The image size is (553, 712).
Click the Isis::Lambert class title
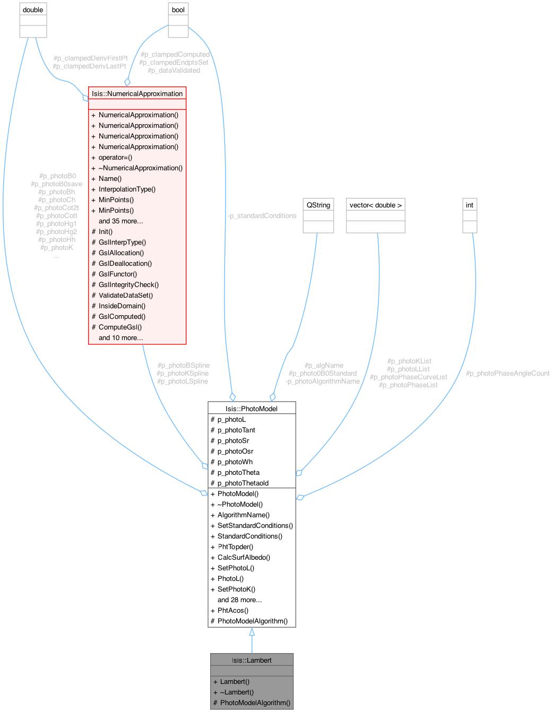tap(252, 660)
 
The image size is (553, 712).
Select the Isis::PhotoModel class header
tap(252, 408)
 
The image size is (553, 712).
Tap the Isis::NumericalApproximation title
tap(137, 93)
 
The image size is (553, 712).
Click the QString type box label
tap(318, 205)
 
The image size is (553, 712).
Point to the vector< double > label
tap(376, 205)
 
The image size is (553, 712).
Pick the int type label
tap(470, 205)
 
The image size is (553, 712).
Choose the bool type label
tap(178, 10)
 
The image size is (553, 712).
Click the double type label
tap(33, 10)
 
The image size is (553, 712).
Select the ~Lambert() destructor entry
tap(237, 692)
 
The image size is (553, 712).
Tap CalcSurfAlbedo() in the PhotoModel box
tap(244, 557)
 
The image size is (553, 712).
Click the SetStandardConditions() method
tap(255, 525)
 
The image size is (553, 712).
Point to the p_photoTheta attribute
tap(238, 472)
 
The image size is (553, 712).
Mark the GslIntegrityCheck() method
tap(128, 284)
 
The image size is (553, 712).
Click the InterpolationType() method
tap(127, 189)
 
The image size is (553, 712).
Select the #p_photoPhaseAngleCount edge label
tap(507, 373)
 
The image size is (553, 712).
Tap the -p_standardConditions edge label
tap(262, 215)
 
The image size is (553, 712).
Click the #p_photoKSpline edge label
tap(183, 373)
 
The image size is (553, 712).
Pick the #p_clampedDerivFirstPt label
tap(90, 58)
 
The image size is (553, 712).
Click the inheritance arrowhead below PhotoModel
tap(252, 632)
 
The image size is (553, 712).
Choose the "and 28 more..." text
tap(239, 600)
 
